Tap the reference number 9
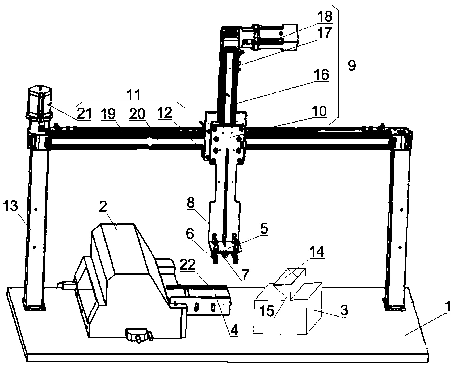(352, 65)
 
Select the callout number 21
(84, 114)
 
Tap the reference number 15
(267, 311)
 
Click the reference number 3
(344, 311)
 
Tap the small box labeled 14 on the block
(290, 284)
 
